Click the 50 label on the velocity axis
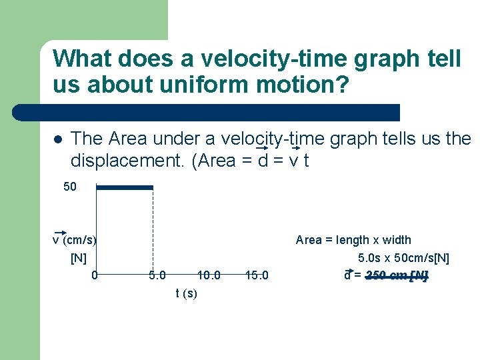click(70, 187)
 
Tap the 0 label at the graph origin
click(95, 275)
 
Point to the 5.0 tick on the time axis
click(157, 275)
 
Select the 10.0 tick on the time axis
click(209, 275)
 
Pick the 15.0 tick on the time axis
click(257, 275)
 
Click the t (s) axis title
click(186, 293)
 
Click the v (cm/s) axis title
click(75, 240)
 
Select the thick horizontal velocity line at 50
click(125, 187)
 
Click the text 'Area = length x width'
click(353, 240)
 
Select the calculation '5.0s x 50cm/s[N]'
click(403, 258)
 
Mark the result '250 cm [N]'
click(397, 275)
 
